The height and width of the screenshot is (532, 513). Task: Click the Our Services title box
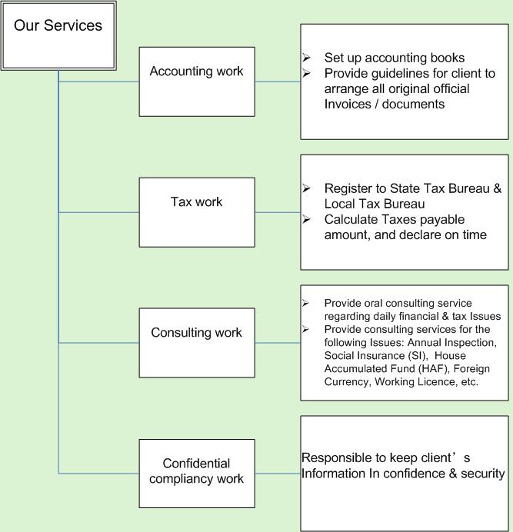(58, 35)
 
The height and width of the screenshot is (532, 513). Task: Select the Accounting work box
(197, 81)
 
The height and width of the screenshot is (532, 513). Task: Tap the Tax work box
(197, 212)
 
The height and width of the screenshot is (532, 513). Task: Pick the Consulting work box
(197, 343)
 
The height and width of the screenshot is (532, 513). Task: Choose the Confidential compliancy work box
(197, 474)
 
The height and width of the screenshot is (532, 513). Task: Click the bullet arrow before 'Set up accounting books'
(306, 58)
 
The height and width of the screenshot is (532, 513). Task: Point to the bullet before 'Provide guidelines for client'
(306, 73)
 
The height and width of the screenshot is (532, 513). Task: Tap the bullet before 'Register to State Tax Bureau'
(306, 188)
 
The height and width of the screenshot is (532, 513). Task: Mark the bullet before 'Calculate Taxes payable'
(306, 219)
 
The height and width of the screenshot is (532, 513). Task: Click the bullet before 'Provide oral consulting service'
(305, 303)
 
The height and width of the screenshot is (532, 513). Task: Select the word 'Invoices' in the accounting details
(348, 104)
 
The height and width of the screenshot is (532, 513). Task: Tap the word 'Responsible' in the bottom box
(336, 458)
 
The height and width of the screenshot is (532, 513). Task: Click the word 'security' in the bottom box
(483, 474)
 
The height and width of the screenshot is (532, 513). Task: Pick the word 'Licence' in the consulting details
(438, 381)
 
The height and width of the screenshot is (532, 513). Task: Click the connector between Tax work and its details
(278, 212)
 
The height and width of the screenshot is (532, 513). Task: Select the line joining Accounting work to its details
(278, 81)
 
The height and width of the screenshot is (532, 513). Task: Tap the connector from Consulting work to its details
(278, 343)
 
